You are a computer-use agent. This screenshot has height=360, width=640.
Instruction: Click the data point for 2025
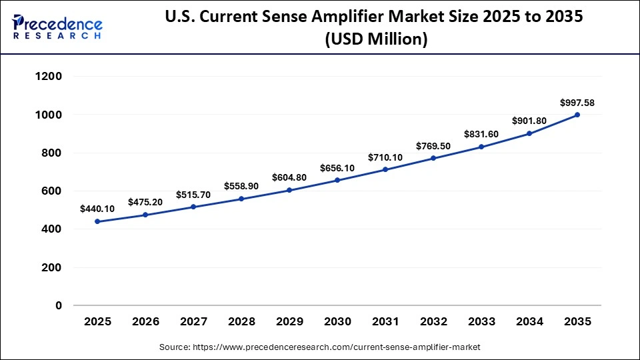tap(97, 221)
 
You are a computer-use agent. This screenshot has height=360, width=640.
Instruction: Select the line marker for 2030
tap(337, 180)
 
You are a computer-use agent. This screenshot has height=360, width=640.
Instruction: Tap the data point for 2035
tap(577, 115)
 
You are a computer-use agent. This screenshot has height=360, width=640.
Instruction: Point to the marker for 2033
tap(481, 147)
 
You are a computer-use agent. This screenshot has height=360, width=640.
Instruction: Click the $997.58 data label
tap(577, 103)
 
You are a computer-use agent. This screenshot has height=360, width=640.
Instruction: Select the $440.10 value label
tap(97, 209)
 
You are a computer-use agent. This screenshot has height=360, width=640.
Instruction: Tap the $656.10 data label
tap(337, 168)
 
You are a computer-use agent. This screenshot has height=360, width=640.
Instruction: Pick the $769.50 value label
tap(433, 146)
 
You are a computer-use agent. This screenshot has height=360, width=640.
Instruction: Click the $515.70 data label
tap(193, 195)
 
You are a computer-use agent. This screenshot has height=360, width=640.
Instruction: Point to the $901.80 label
tap(529, 121)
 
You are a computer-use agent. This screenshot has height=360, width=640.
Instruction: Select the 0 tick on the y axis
tap(59, 306)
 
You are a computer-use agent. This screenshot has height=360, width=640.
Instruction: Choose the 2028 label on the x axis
tap(241, 322)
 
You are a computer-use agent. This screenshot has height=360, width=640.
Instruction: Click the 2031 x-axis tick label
tap(385, 322)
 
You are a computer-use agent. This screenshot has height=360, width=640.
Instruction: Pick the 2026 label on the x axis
tap(145, 322)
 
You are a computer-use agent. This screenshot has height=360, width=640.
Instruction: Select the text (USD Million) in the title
tap(376, 39)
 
